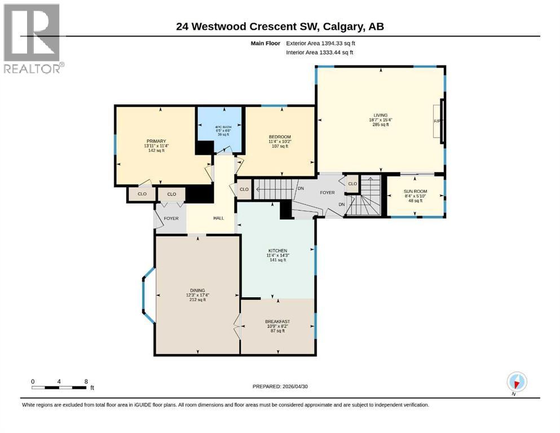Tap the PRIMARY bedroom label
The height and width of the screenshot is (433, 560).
click(x=156, y=141)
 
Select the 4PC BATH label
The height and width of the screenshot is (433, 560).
click(x=220, y=127)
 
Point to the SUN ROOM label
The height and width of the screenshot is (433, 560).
click(x=416, y=192)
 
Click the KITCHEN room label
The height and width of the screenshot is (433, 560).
click(x=277, y=250)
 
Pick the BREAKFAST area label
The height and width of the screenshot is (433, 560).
click(x=277, y=321)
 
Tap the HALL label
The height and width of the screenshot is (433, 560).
click(x=219, y=218)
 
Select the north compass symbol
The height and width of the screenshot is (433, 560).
click(x=516, y=382)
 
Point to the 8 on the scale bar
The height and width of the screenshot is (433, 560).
click(x=86, y=381)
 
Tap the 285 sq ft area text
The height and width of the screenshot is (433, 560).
click(x=380, y=125)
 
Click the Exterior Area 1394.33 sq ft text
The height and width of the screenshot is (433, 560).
click(x=321, y=43)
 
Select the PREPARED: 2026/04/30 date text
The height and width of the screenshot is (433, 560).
click(x=280, y=386)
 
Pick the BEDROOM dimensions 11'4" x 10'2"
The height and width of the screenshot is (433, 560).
click(x=279, y=142)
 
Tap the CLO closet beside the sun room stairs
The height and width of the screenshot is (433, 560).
click(x=352, y=184)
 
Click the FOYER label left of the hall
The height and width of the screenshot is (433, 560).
click(x=171, y=218)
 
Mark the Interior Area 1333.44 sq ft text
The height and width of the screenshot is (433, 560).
click(x=320, y=52)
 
